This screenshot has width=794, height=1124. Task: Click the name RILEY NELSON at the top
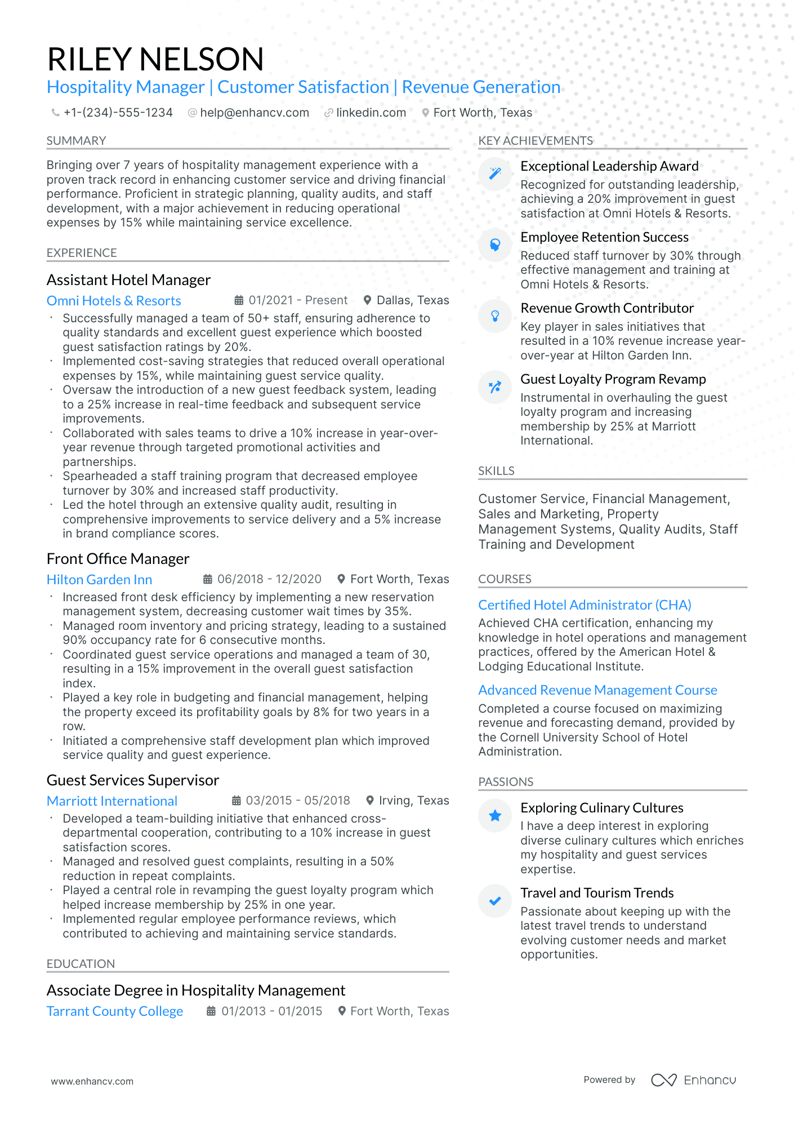(x=155, y=59)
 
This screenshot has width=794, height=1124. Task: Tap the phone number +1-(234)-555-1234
(x=118, y=113)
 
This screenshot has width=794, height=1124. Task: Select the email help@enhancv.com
(x=254, y=113)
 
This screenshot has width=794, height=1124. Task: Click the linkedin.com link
(x=371, y=113)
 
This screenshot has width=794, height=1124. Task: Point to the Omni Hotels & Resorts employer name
(x=114, y=301)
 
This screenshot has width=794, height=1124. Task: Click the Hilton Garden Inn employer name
(x=99, y=580)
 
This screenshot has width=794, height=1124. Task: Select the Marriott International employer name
(x=112, y=801)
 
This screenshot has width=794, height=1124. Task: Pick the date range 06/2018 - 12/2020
(x=269, y=579)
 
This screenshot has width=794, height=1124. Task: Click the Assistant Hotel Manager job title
(x=128, y=280)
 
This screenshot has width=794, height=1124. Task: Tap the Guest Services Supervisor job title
(x=132, y=780)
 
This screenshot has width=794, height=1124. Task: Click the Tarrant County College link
(x=115, y=1011)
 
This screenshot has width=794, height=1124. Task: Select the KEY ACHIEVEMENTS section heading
(x=536, y=141)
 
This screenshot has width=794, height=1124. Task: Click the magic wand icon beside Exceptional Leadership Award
(x=495, y=174)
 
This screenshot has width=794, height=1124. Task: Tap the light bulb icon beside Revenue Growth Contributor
(x=495, y=316)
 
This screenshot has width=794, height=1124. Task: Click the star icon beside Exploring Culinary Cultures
(x=495, y=815)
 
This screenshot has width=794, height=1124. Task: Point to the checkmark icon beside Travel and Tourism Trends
(x=495, y=901)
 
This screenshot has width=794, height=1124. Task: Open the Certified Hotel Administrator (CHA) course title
(x=585, y=605)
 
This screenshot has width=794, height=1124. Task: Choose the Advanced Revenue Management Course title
(x=597, y=690)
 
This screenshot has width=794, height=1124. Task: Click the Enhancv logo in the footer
(x=693, y=1080)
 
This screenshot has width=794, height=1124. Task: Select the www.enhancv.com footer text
(x=92, y=1081)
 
